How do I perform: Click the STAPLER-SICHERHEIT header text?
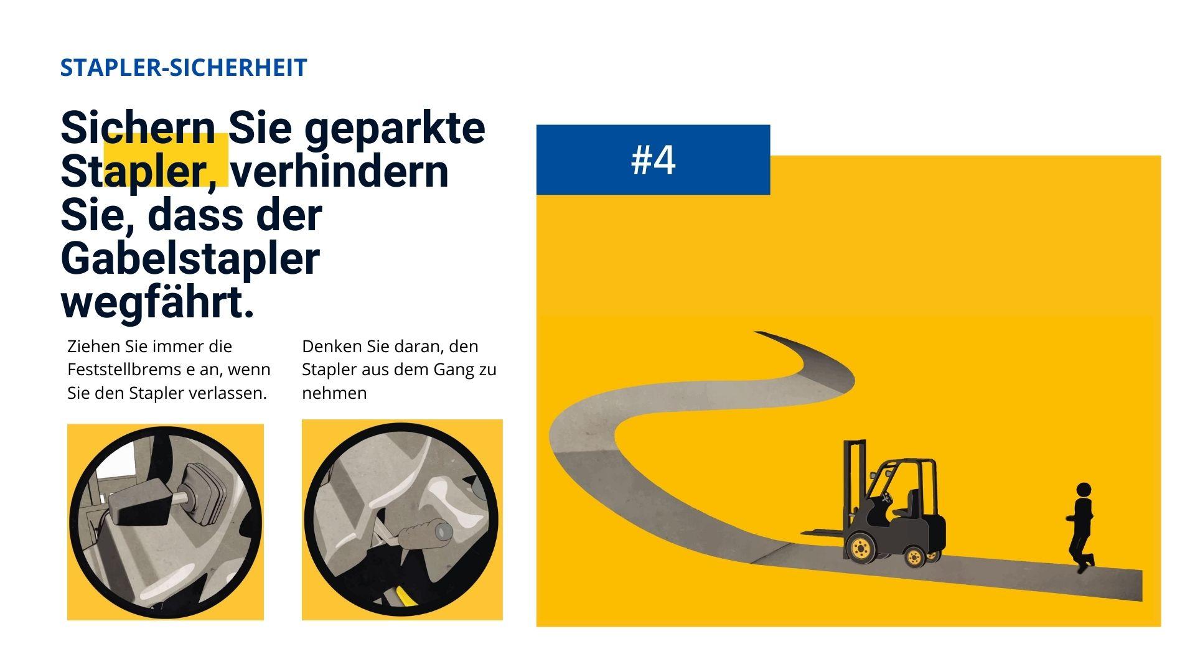point(184,67)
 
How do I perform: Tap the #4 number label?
point(653,161)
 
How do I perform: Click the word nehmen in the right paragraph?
point(334,394)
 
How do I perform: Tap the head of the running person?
point(1084,490)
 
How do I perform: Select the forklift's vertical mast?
point(854,485)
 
